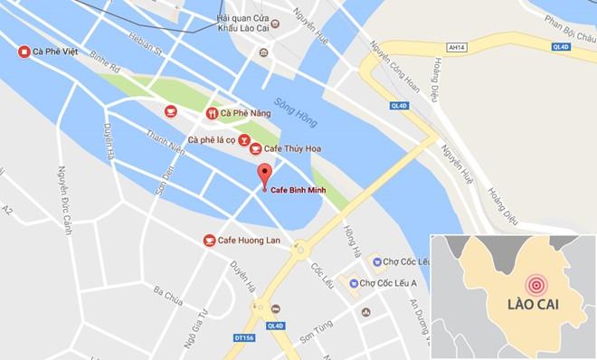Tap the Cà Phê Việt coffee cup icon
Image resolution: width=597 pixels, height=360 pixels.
pyautogui.click(x=24, y=52)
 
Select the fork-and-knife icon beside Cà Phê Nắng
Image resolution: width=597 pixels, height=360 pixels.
pyautogui.click(x=212, y=113)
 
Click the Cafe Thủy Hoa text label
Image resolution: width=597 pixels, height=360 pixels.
pyautogui.click(x=292, y=149)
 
